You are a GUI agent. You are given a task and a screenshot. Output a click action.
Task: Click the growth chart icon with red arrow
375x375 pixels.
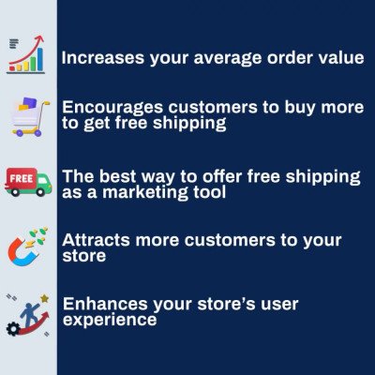[26, 55]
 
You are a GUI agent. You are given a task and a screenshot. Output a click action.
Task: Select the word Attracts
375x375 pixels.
[92, 240]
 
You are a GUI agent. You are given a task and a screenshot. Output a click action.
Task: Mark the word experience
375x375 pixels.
[109, 321]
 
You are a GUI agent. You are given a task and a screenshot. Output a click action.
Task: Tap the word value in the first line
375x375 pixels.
[340, 58]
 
